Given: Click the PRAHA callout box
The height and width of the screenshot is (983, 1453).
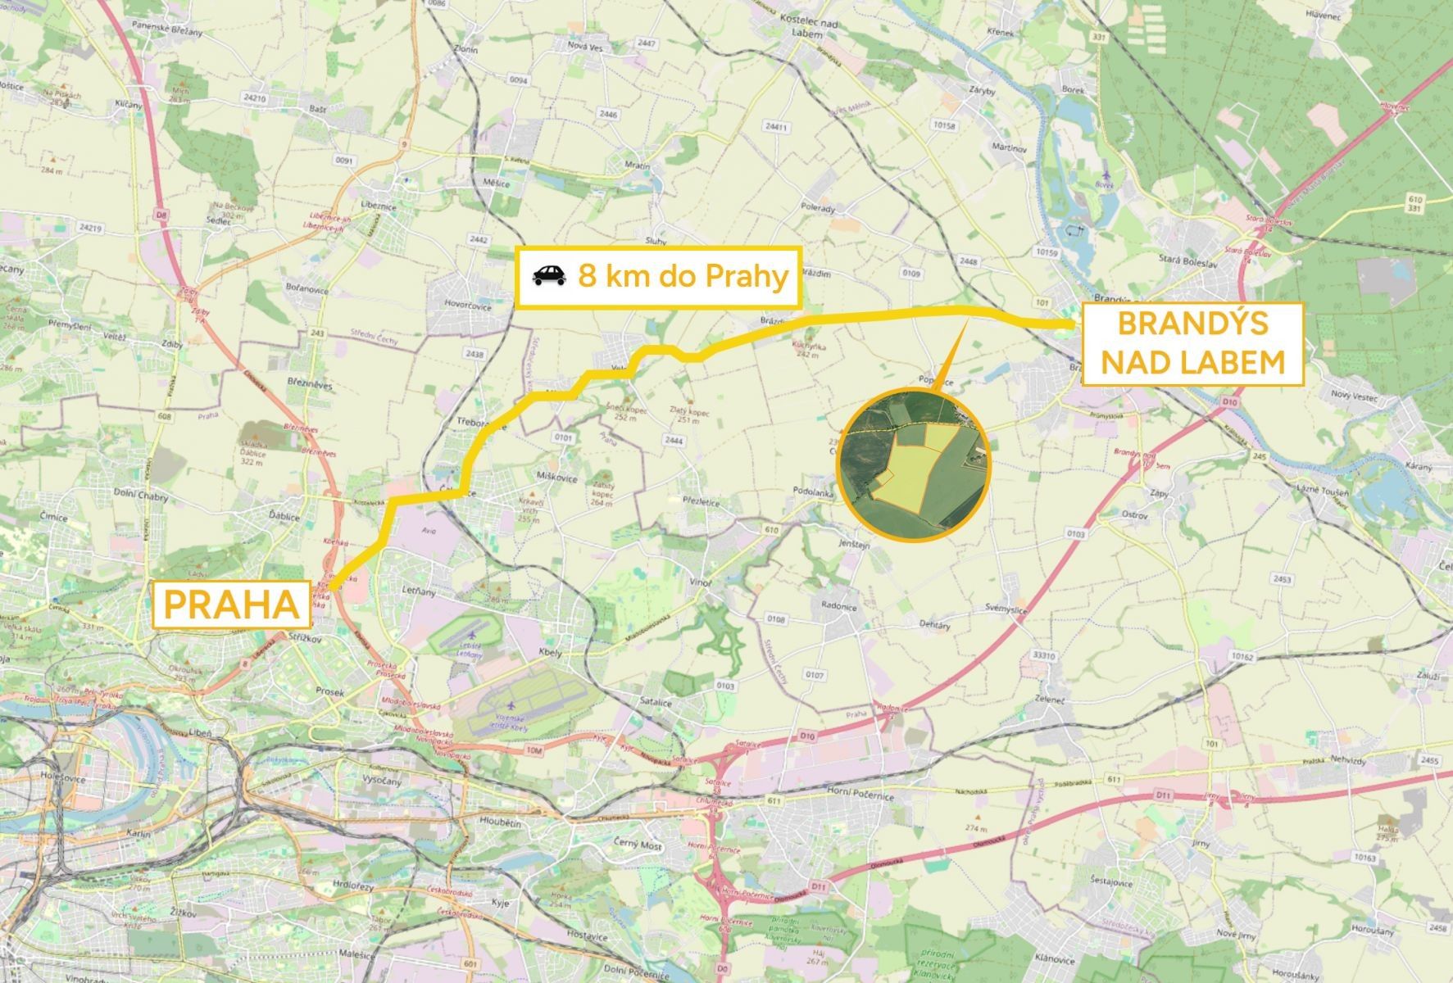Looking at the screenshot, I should [x=232, y=605].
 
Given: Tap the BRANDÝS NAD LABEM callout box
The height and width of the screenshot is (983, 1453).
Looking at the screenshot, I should [x=1192, y=343].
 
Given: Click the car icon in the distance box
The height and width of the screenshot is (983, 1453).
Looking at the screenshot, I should [x=549, y=276].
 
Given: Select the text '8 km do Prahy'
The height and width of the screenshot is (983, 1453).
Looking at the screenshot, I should [x=683, y=276].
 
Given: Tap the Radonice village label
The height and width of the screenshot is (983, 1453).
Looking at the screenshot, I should [x=838, y=606].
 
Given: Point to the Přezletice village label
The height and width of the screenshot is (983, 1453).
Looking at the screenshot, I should [x=701, y=502].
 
